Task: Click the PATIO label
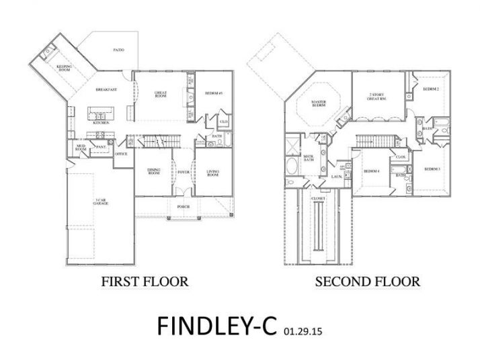(x=119, y=50)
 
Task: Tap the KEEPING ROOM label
(x=64, y=69)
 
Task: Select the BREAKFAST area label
(x=107, y=89)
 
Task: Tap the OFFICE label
(x=121, y=154)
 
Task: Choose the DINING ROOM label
(x=153, y=172)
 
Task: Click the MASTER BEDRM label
(x=318, y=104)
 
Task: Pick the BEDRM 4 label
(x=371, y=172)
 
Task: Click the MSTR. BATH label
(x=308, y=158)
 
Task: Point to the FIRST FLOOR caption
(x=145, y=281)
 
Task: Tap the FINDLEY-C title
(x=217, y=325)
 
